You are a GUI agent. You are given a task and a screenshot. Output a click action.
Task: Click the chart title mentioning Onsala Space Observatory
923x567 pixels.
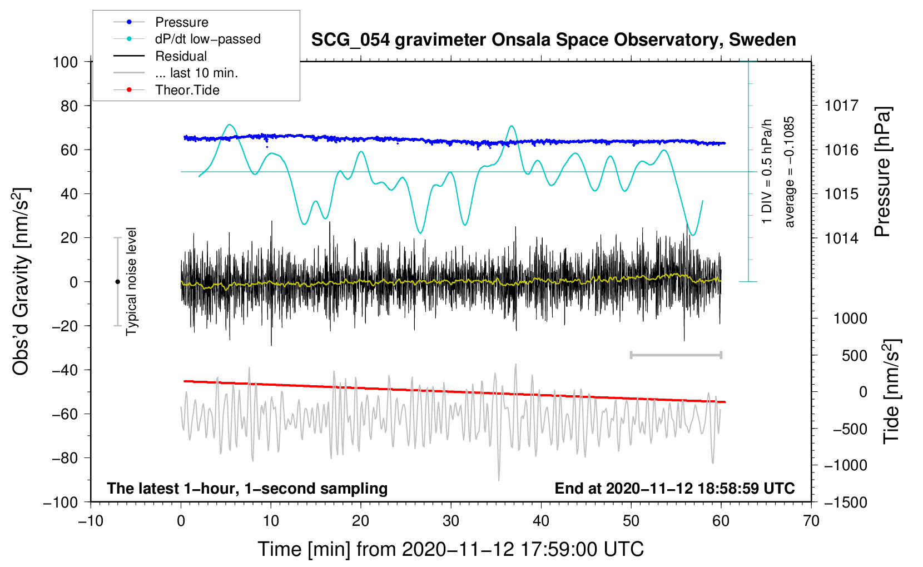pos(553,40)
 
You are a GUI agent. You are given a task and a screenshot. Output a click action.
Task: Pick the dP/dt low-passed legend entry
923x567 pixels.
pos(207,39)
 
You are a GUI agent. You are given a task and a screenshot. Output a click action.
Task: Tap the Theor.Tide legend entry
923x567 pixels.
pos(187,90)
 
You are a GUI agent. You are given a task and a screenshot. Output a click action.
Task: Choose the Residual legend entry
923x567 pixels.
pos(181,56)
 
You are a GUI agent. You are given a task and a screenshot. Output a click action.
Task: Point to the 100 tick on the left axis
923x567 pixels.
pos(65,62)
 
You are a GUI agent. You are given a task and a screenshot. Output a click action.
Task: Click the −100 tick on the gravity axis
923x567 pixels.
pos(61,502)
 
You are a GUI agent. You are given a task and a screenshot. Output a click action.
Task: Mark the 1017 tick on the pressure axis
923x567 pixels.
pos(841,106)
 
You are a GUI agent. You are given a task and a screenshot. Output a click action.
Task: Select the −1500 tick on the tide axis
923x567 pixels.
pos(845,502)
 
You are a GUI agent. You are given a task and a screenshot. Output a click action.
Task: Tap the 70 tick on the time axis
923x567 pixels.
pos(811,521)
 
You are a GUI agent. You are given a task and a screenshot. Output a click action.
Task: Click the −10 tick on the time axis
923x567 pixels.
pos(91,521)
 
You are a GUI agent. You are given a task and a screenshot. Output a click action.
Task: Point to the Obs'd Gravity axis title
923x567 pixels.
pos(21,282)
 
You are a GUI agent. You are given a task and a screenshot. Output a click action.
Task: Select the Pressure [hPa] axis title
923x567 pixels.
pos(882,172)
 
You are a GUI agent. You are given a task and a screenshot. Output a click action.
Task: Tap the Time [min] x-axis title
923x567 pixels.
pos(450,549)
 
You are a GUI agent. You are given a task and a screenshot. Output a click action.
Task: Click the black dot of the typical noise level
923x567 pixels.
pos(117,282)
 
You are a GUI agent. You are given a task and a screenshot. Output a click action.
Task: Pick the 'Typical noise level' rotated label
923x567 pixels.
pos(131,282)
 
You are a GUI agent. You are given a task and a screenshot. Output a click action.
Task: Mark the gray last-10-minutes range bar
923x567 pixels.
pos(676,355)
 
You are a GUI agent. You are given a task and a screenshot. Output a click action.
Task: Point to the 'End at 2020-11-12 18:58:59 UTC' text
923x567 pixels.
pos(674,489)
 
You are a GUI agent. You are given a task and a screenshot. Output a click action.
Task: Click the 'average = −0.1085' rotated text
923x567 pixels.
pos(790,172)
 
